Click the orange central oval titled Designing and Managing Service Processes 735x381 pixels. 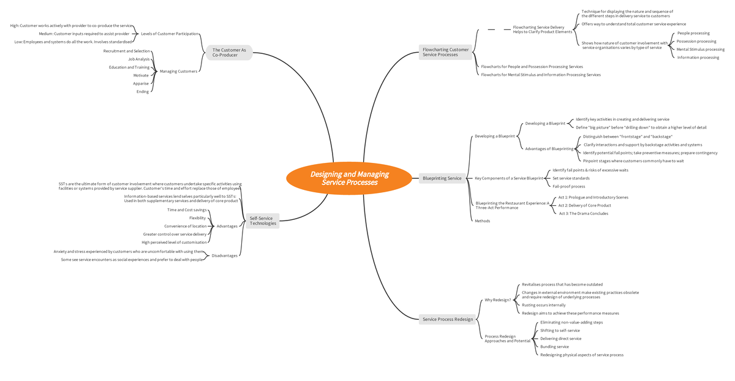point(349,178)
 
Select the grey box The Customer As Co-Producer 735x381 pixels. point(229,53)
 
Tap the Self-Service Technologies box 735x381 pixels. point(263,221)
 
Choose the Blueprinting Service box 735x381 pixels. point(442,178)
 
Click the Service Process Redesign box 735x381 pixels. point(448,319)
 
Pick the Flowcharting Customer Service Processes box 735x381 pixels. point(445,52)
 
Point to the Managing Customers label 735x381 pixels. point(178,71)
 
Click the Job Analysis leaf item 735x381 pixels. point(139,59)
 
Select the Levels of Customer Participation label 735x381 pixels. point(170,34)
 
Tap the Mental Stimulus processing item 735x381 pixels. point(701,49)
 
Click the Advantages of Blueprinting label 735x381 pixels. point(549,149)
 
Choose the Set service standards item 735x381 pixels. point(571,178)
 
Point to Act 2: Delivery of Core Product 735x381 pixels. point(585,205)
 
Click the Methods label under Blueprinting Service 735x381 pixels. point(483,221)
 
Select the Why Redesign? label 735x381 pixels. point(498,300)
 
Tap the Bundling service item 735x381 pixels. point(554,347)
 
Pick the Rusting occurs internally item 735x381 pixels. point(544,305)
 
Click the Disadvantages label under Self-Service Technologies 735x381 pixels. point(224,255)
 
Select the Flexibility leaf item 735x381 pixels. point(197,218)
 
